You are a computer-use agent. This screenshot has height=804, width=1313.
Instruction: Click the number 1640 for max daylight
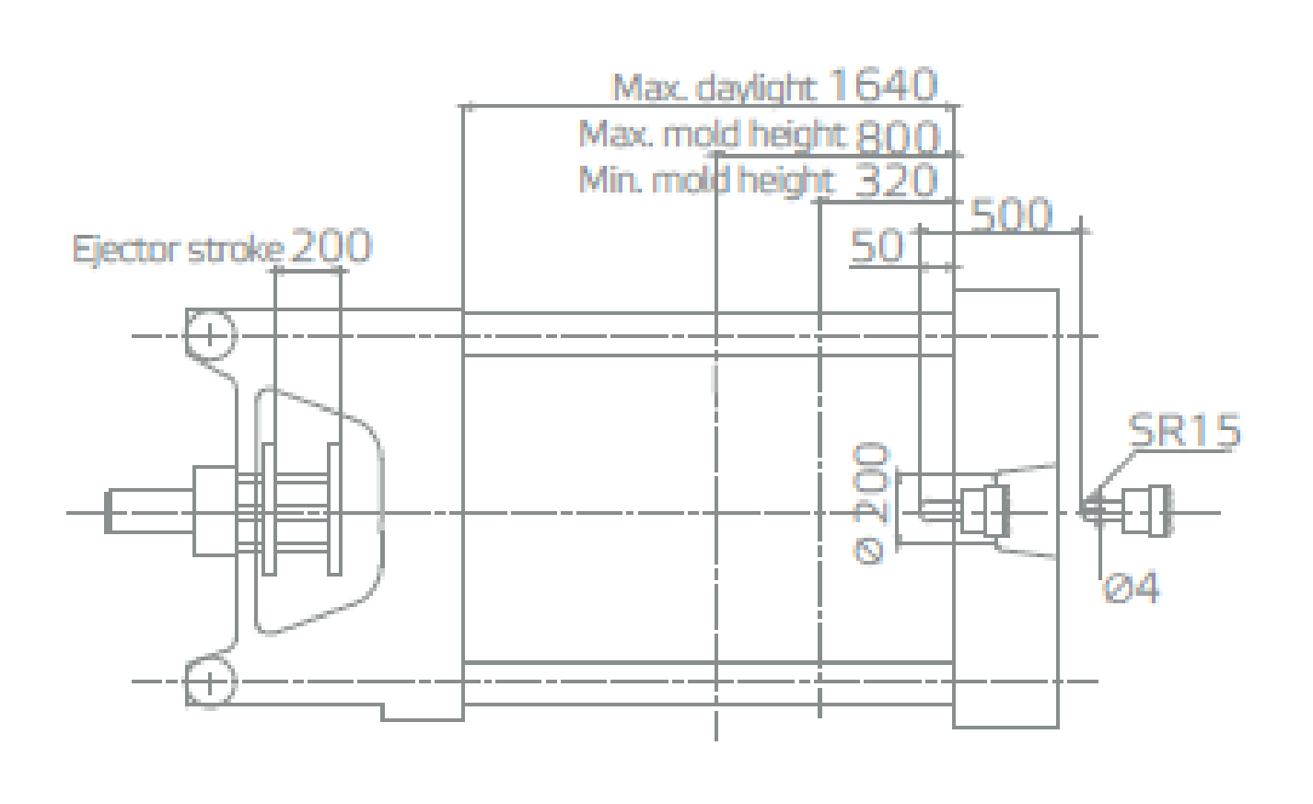click(883, 85)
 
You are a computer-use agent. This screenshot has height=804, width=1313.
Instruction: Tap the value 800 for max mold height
click(898, 136)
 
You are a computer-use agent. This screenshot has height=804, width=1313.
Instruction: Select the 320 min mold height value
click(897, 180)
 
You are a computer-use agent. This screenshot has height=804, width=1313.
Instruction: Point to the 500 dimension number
click(1012, 215)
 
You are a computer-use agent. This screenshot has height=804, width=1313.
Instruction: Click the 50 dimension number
click(877, 246)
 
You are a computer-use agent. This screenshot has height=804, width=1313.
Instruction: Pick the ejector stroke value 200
click(331, 245)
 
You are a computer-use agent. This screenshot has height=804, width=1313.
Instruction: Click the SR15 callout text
click(1184, 430)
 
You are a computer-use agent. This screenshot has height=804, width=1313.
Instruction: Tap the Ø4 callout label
click(1131, 587)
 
